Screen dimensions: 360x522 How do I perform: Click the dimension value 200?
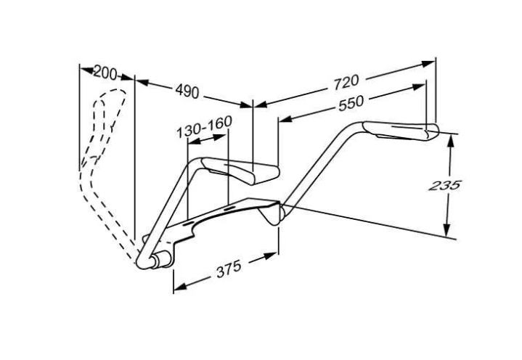105,73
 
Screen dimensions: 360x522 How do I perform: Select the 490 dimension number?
188,91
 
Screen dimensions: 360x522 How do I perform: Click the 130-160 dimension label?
204,128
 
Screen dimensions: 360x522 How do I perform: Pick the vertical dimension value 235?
444,185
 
